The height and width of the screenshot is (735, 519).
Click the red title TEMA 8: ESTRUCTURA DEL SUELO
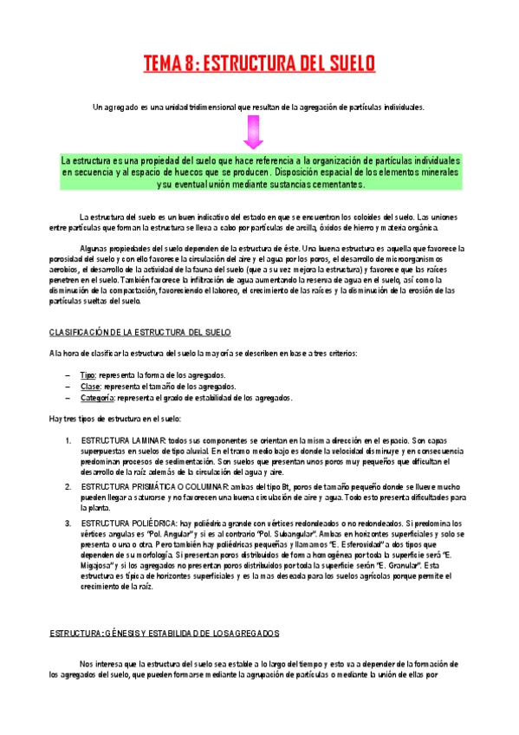point(259,63)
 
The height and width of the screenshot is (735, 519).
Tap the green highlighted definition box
point(260,173)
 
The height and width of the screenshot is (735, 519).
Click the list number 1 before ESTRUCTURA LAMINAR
point(68,441)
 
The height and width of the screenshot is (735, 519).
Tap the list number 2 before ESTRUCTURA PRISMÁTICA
point(68,486)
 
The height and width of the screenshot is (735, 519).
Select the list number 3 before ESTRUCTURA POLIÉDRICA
point(68,524)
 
